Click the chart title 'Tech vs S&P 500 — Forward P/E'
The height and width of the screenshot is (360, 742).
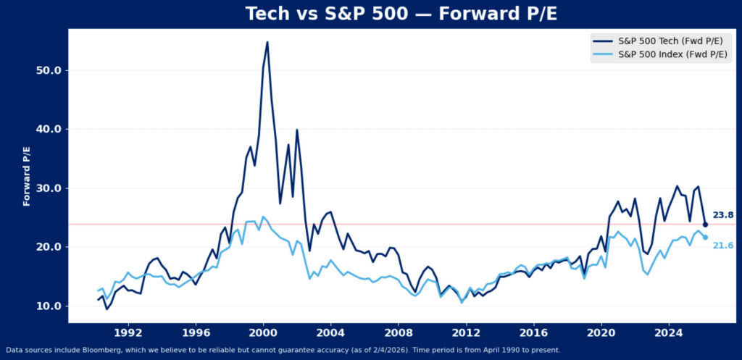(370, 14)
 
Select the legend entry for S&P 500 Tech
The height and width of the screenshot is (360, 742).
(671, 41)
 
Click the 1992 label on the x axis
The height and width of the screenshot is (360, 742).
(128, 334)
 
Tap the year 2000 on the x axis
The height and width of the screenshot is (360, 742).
(263, 334)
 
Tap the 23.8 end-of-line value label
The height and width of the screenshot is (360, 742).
(722, 215)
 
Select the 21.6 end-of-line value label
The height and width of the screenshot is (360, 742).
(722, 246)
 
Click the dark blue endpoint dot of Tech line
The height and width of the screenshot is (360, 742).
(705, 225)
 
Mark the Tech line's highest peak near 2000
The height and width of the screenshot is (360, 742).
(267, 42)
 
